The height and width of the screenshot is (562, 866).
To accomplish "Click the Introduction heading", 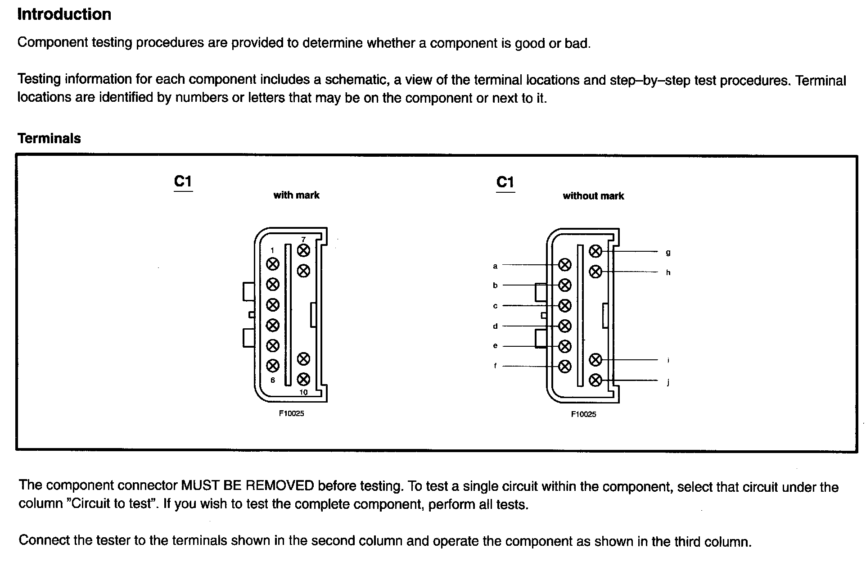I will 64,14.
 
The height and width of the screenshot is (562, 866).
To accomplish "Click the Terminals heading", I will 49,138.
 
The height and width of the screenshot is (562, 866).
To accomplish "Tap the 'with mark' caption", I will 296,195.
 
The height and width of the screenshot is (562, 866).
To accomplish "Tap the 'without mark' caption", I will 593,196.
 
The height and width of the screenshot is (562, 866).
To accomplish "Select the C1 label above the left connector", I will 183,181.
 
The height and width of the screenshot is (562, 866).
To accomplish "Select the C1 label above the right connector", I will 505,182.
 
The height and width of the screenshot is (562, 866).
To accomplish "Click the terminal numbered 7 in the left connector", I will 304,250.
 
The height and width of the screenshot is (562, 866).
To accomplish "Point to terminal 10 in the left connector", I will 304,379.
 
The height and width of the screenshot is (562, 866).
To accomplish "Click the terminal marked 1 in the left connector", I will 273,264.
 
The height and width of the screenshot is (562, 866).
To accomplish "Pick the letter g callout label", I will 668,253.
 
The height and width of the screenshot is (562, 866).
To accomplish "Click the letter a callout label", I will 495,266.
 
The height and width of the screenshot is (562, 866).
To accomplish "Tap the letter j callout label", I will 668,382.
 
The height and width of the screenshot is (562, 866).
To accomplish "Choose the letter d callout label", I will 495,326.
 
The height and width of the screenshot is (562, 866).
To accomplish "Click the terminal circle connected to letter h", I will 595,272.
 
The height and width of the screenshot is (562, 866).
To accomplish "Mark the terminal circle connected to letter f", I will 564,367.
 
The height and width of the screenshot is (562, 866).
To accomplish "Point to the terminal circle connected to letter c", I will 564,306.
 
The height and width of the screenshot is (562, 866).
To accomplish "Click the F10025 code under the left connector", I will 291,413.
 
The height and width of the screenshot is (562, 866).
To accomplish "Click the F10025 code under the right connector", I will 583,414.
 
